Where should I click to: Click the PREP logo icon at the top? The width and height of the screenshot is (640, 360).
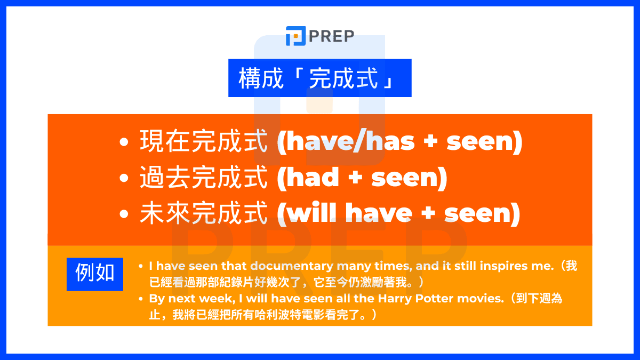[295, 36]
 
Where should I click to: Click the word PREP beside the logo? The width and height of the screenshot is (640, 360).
[331, 37]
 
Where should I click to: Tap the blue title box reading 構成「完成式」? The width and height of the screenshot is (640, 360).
[319, 78]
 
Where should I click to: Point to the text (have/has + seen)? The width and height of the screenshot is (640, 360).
[399, 142]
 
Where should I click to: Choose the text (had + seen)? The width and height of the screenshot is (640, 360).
[362, 178]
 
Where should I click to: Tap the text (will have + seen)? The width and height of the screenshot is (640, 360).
[398, 213]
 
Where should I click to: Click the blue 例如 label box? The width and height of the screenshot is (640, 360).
[95, 274]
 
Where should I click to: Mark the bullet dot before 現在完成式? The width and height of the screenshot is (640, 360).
[124, 143]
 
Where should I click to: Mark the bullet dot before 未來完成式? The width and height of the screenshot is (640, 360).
[124, 214]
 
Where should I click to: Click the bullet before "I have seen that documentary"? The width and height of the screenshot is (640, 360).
[140, 266]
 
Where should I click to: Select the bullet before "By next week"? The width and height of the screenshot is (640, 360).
[140, 299]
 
